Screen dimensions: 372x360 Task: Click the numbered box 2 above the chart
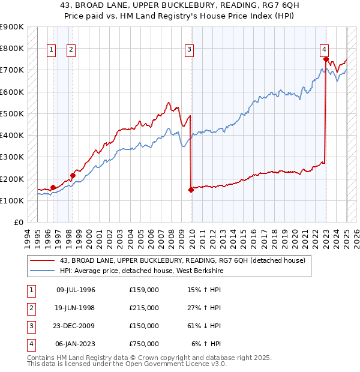71,50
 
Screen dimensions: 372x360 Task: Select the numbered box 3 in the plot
189,50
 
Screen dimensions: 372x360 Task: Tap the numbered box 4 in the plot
323,50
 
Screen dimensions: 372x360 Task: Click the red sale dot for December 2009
191,190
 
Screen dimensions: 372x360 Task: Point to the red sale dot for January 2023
326,59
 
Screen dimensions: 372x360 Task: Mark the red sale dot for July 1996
53,187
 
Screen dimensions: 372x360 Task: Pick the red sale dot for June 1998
73,175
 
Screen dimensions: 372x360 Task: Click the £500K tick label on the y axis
12,113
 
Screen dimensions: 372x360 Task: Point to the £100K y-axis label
12,200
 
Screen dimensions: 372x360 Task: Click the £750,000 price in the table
144,344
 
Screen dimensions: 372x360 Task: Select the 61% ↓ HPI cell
203,326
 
